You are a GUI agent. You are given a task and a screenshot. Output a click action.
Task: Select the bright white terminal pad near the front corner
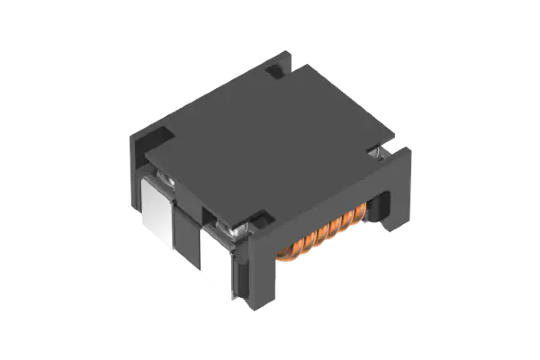tap(216, 261)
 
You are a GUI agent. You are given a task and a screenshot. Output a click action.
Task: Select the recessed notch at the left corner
tap(155, 137)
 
